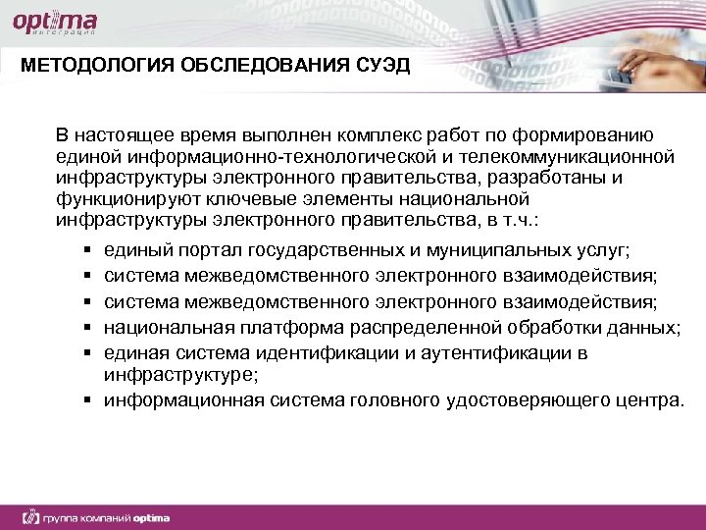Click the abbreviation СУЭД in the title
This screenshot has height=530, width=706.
coord(378,66)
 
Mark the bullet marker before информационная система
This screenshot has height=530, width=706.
coord(87,399)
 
